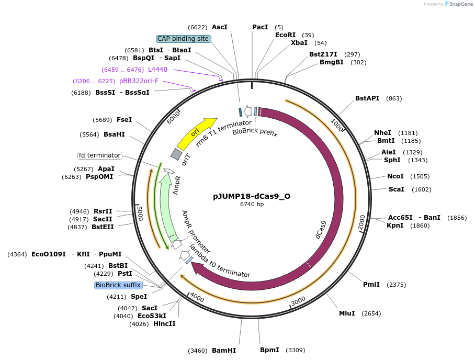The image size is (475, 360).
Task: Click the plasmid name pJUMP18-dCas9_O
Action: [252, 197]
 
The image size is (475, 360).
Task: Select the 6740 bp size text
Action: [252, 205]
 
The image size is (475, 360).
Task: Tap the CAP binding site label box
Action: [183, 39]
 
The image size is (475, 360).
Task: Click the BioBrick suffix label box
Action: [118, 285]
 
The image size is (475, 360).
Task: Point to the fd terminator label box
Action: [99, 155]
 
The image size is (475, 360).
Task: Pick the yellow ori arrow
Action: [197, 133]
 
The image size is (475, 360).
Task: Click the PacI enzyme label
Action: [260, 27]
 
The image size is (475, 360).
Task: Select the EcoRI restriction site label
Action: [285, 35]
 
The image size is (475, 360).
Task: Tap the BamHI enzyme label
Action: [224, 350]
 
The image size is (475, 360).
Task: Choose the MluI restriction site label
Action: [347, 313]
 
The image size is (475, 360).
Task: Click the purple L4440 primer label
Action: [157, 69]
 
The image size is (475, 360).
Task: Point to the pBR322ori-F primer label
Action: [139, 81]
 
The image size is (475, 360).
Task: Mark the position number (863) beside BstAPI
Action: [394, 98]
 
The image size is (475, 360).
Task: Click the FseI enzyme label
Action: [124, 119]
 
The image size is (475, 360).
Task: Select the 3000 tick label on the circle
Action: [298, 301]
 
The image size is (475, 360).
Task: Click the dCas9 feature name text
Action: [321, 230]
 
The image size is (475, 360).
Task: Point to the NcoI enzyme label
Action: [395, 176]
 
